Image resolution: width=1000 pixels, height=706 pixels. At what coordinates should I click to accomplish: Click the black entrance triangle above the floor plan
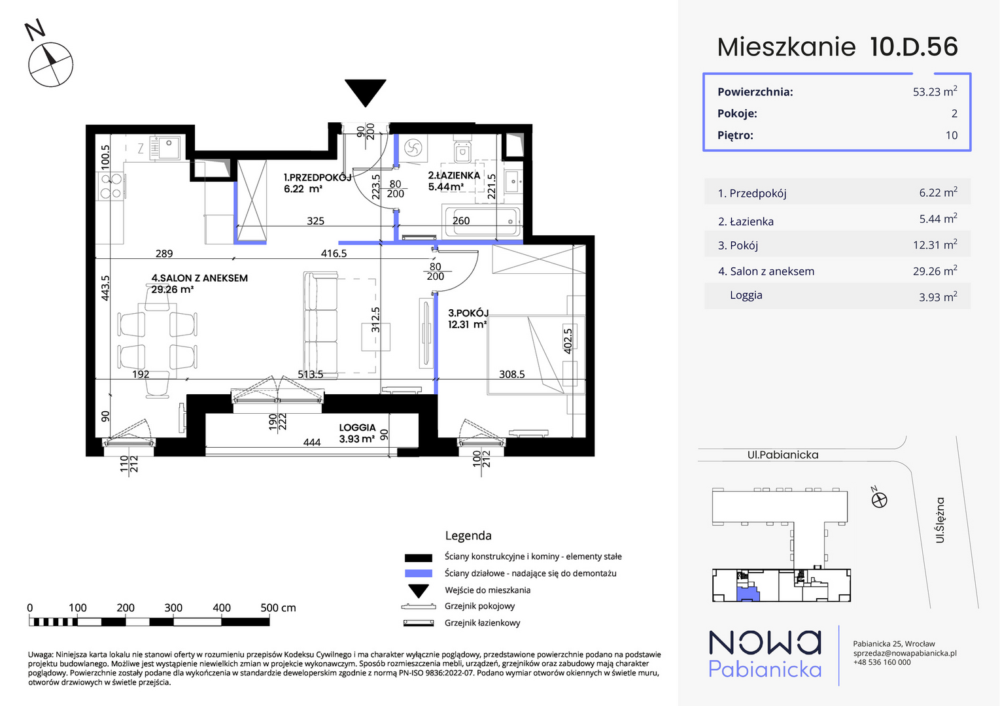point(365,91)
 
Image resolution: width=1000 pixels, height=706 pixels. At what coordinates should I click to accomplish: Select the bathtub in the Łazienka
point(482,222)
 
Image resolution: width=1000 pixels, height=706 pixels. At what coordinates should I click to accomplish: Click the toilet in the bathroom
point(462,152)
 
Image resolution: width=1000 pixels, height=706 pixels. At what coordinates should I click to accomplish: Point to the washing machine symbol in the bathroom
point(413,148)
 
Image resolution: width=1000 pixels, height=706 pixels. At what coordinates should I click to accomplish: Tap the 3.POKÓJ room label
point(468,318)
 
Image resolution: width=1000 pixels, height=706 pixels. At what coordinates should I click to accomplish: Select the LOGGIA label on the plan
point(357,428)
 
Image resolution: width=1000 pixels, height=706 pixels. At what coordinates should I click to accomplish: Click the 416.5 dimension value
point(334,254)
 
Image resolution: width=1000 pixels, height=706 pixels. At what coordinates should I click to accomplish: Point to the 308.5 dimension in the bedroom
point(511,374)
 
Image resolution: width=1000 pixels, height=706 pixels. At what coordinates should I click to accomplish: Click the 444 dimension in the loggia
point(311,443)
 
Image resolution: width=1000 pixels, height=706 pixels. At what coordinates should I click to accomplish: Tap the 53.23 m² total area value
point(935,91)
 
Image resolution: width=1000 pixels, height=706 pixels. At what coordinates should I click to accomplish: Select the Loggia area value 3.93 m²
point(938,296)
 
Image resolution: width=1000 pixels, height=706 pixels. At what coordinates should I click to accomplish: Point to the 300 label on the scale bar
point(173,607)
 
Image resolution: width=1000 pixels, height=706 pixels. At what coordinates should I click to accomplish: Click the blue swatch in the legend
point(419,573)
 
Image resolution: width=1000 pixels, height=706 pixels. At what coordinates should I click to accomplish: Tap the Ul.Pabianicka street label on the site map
point(783,455)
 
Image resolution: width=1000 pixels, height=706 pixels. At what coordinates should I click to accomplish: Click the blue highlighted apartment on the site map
point(748,594)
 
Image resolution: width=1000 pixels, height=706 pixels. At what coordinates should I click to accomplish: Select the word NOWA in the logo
point(765,643)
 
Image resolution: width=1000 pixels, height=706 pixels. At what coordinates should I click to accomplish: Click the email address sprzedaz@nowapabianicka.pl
point(905,653)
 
